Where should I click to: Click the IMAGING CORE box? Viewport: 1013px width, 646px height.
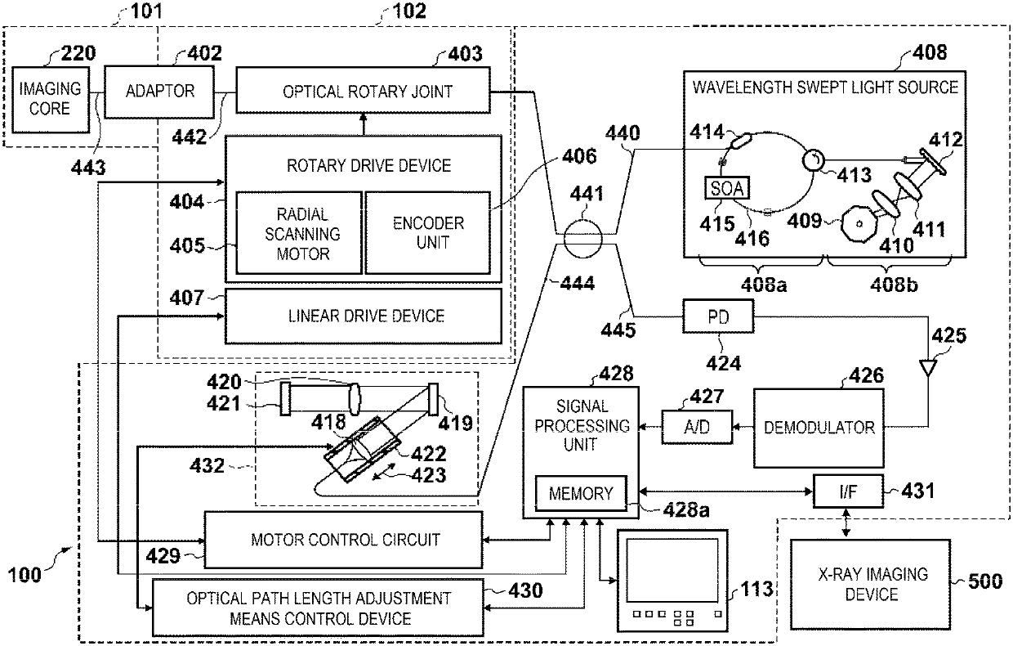point(51,100)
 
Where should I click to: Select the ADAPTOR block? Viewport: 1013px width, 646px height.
point(159,92)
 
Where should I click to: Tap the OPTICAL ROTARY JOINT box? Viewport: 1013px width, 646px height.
point(363,91)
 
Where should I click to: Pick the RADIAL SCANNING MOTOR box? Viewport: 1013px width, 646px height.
point(299,233)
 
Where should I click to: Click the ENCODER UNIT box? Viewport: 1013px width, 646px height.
point(428,233)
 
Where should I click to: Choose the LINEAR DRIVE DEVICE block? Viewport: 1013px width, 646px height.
point(364,316)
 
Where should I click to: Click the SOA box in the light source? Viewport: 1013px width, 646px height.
point(727,188)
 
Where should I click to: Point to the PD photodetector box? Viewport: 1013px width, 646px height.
point(718,316)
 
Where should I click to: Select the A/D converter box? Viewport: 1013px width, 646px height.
point(697,427)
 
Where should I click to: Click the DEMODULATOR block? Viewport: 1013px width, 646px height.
point(819,428)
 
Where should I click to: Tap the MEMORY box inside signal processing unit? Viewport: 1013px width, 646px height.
point(581,493)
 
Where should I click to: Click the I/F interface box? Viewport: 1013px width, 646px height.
point(848,491)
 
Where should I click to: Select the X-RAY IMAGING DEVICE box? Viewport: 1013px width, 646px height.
point(871,584)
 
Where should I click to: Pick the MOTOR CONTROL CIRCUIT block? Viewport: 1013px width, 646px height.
point(344,540)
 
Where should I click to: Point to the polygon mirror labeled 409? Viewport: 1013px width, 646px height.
point(859,223)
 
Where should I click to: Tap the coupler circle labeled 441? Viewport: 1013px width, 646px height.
point(583,239)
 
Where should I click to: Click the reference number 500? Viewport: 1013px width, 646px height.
point(985,581)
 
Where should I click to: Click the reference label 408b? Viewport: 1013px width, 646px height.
point(894,285)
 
